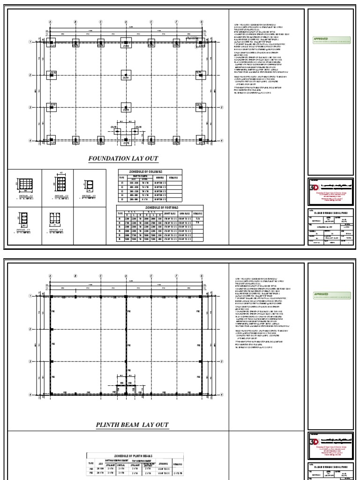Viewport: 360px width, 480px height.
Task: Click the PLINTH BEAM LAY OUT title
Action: tap(132, 425)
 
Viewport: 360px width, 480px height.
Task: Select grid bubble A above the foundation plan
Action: tap(50, 22)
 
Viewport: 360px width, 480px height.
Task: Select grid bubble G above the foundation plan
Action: tap(201, 22)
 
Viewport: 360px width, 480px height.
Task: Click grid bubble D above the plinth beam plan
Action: tap(126, 276)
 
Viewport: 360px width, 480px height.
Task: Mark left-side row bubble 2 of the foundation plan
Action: tap(43, 75)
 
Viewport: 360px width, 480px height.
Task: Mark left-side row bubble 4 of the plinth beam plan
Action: tap(43, 394)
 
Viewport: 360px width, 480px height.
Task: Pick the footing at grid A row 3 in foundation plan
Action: tap(51, 107)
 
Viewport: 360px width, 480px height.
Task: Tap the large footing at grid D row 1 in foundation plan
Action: tap(126, 43)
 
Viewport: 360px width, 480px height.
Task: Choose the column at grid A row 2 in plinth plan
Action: tap(51, 330)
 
